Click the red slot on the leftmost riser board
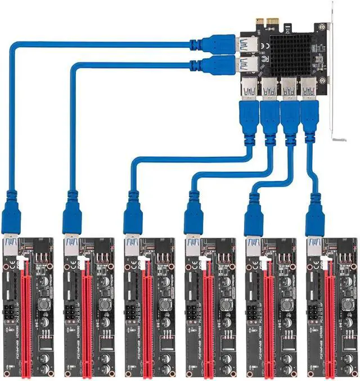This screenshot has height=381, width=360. (x=25, y=315)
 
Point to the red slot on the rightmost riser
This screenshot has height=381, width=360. (x=327, y=315)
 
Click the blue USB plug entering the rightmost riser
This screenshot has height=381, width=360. (x=313, y=216)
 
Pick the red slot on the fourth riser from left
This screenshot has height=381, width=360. (x=206, y=315)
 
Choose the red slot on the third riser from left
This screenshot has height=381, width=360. (x=146, y=315)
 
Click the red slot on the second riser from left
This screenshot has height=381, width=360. (x=85, y=315)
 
